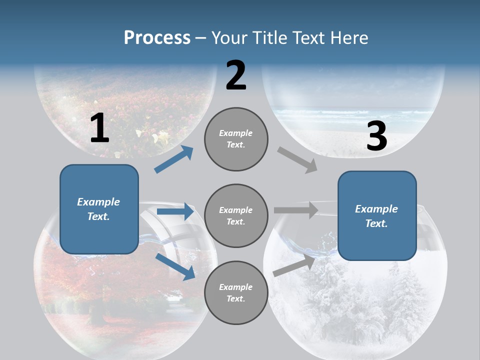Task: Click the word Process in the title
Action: click(x=157, y=38)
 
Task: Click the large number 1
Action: click(x=99, y=128)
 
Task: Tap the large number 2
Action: click(x=236, y=75)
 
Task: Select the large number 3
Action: click(x=376, y=136)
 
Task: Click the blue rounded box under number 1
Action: click(x=99, y=209)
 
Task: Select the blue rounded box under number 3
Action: click(x=377, y=215)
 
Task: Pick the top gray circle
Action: click(x=236, y=139)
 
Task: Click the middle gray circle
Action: click(x=236, y=215)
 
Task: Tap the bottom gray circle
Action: click(x=236, y=292)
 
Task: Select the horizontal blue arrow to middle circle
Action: click(x=175, y=212)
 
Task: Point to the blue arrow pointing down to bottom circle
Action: click(x=175, y=266)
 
